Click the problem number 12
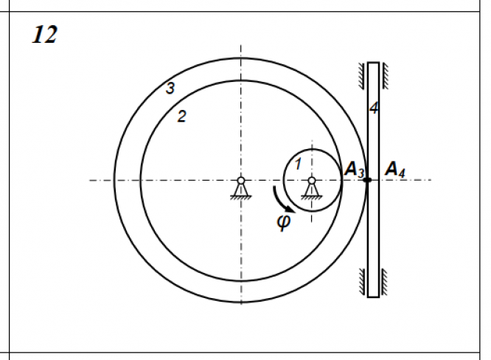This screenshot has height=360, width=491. (x=45, y=35)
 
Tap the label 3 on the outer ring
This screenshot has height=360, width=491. (x=170, y=88)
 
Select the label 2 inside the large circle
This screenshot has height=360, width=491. (x=181, y=117)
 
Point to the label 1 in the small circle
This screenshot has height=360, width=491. (x=298, y=164)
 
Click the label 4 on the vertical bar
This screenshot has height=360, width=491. (x=374, y=108)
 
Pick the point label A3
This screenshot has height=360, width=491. (x=355, y=170)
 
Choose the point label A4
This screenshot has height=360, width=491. (x=395, y=170)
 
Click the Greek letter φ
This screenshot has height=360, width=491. (x=284, y=222)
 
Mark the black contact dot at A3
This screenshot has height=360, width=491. (x=367, y=180)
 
